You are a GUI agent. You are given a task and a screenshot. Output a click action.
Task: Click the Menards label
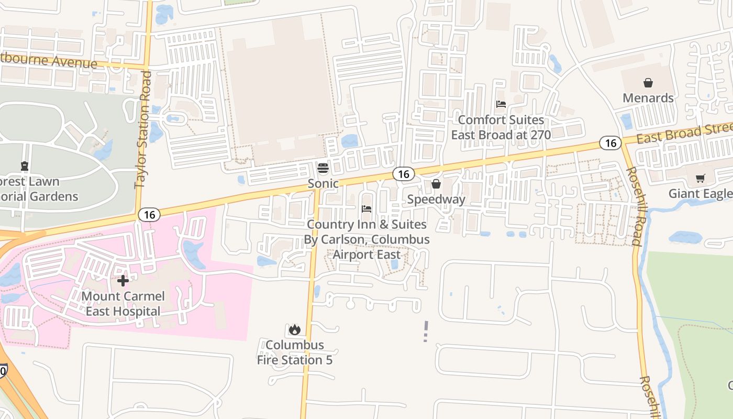(x=648, y=98)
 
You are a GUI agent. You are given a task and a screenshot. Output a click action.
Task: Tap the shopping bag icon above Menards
(x=648, y=83)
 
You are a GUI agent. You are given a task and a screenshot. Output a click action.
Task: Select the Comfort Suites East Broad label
(x=501, y=127)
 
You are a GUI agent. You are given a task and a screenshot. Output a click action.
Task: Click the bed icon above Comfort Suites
(x=501, y=104)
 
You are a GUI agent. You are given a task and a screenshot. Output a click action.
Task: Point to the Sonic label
(x=323, y=183)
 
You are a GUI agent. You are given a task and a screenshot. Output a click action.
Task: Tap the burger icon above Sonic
(x=323, y=168)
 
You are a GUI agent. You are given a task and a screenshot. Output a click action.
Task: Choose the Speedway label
(x=436, y=199)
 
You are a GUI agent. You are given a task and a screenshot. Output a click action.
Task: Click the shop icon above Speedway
(x=436, y=184)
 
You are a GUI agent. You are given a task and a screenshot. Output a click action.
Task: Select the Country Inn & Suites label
(x=367, y=239)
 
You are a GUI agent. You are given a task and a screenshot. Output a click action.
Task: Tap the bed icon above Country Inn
(x=366, y=209)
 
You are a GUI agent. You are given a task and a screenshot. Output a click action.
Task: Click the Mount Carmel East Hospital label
(x=123, y=304)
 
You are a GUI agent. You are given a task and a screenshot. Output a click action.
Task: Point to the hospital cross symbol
(x=123, y=281)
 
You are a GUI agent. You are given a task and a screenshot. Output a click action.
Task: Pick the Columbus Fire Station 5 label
(x=295, y=352)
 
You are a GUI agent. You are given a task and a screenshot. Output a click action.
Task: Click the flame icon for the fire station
(x=295, y=329)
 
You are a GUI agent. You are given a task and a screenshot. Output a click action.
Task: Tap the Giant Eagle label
(x=700, y=194)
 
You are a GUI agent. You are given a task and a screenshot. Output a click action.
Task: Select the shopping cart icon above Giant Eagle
(x=700, y=179)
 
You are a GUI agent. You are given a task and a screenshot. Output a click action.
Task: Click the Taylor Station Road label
(x=143, y=130)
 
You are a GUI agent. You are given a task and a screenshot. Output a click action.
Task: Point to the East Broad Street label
(x=684, y=133)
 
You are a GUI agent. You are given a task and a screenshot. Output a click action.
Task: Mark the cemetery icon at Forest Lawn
(x=24, y=167)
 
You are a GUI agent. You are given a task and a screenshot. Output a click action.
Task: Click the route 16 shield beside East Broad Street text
(x=610, y=142)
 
